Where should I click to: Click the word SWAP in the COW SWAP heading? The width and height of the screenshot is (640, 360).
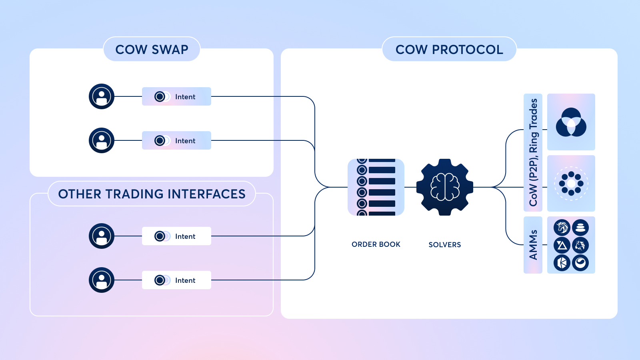coord(170,50)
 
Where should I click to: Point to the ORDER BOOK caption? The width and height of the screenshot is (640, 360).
coord(376,244)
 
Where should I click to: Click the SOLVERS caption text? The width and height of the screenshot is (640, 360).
coord(445,245)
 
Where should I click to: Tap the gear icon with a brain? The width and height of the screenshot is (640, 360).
coord(445,187)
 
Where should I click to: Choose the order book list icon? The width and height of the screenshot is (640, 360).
coord(376,187)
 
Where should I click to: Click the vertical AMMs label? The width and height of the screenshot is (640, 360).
coord(533,245)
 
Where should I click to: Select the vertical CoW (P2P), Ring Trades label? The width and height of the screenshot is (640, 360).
coord(533,152)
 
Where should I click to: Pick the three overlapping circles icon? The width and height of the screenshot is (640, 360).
coord(571,122)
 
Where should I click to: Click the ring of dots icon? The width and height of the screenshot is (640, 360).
coord(571,184)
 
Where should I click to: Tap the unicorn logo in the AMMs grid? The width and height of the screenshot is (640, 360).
coord(562,228)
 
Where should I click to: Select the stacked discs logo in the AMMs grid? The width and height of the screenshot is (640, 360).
coord(580,228)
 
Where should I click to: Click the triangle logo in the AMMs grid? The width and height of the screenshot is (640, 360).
coord(562,245)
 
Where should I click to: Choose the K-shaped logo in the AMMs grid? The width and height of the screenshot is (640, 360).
coord(562,263)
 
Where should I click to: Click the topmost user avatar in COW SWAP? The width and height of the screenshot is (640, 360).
coord(102,96)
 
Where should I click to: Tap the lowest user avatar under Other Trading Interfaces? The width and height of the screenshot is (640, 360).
coord(102,280)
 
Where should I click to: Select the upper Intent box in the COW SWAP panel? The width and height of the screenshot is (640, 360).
coord(176,96)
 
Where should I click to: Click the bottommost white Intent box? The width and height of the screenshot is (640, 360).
coord(176,280)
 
